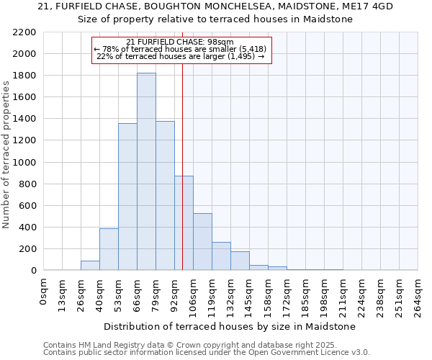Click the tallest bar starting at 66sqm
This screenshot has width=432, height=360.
point(146,173)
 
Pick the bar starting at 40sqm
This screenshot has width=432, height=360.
point(109,249)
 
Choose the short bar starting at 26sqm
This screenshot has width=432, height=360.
point(90,266)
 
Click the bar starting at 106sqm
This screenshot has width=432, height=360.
point(202,242)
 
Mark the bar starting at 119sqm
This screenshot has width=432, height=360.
point(221,256)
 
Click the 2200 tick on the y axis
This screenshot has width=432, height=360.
point(24,32)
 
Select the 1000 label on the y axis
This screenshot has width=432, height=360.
point(24,162)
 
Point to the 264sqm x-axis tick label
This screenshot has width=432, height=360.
point(418,293)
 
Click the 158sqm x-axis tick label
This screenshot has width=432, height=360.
point(268,293)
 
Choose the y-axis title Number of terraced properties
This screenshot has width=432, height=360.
point(6,155)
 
